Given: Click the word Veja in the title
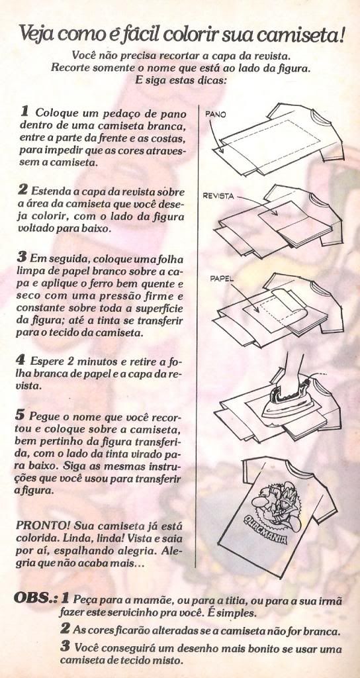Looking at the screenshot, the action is coord(37,34).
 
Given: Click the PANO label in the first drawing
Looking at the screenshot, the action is coord(215,115).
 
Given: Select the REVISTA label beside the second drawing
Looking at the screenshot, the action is coord(218,196).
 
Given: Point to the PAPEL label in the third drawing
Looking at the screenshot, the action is coord(221,279).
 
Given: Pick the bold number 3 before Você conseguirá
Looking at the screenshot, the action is coord(65,647).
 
